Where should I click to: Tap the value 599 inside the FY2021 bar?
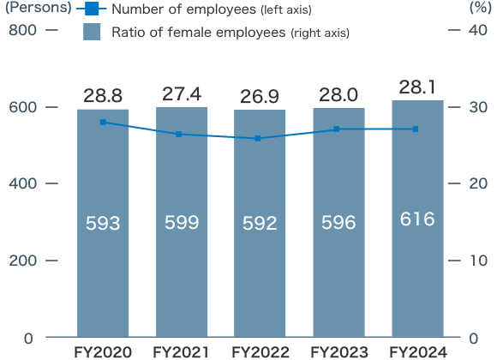tap(182, 223)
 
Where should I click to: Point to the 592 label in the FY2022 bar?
tap(260, 224)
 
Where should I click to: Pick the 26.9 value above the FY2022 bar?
tap(260, 95)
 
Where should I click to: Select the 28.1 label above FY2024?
tap(417, 88)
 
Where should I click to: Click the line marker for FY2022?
tap(260, 138)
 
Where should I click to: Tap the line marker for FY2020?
tap(103, 123)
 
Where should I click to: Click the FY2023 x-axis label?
tap(338, 351)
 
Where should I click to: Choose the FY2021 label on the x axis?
tap(182, 351)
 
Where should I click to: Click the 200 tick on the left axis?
tap(22, 261)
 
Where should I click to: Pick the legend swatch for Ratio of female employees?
tap(93, 33)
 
